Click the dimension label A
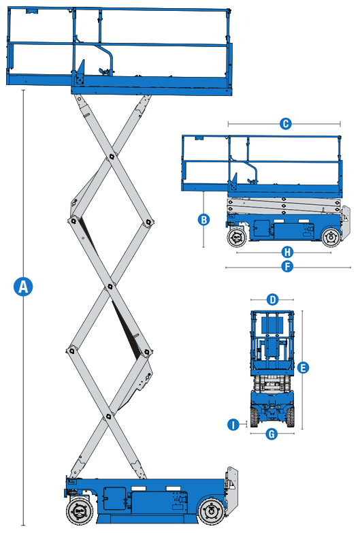[x=23, y=287]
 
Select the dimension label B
[x=203, y=219]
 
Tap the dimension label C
[x=285, y=123]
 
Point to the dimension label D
[x=272, y=299]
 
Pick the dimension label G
[x=272, y=434]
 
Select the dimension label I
[x=233, y=425]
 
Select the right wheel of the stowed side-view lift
[x=331, y=238]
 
